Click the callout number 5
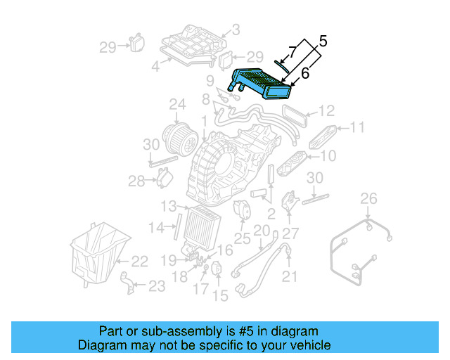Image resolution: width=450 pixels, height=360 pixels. pyautogui.click(x=322, y=41)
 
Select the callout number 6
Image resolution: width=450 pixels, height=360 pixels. pyautogui.click(x=304, y=72)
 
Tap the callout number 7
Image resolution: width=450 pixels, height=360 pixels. pyautogui.click(x=292, y=53)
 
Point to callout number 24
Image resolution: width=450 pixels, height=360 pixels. pyautogui.click(x=176, y=106)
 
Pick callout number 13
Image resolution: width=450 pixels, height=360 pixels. pyautogui.click(x=168, y=206)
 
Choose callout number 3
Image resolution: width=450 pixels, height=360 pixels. pyautogui.click(x=236, y=30)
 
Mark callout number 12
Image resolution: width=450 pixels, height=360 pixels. pyautogui.click(x=326, y=110)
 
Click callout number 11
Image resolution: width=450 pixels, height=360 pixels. pyautogui.click(x=357, y=127)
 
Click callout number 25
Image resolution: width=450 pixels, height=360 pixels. pyautogui.click(x=242, y=239)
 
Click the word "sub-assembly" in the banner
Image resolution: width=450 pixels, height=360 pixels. pyautogui.click(x=163, y=331)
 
